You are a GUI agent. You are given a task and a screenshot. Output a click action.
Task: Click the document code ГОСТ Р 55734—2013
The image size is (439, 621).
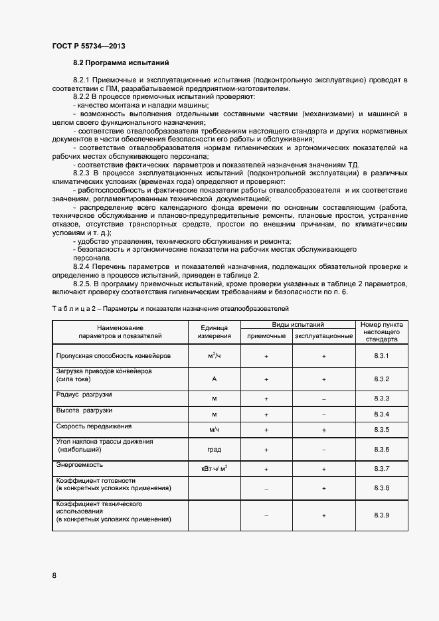(88, 46)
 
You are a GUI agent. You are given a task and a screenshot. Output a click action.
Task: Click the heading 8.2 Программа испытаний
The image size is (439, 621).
(121, 63)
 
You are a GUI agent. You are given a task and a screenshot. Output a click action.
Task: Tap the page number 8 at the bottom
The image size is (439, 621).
(54, 575)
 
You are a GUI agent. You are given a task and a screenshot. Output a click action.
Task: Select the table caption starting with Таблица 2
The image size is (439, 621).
(170, 309)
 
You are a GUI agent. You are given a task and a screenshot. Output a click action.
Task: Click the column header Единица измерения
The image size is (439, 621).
(214, 331)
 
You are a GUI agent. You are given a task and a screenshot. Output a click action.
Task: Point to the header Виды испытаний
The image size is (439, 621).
(298, 325)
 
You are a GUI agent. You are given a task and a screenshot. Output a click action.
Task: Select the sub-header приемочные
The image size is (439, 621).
(266, 336)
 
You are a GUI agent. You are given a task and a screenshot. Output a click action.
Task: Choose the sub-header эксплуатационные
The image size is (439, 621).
(323, 336)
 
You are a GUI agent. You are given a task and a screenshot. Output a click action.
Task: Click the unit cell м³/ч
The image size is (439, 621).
(214, 357)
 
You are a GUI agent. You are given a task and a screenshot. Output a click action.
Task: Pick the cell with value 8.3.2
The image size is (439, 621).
(381, 379)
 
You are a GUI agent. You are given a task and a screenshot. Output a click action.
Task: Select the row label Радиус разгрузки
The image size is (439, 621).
(84, 395)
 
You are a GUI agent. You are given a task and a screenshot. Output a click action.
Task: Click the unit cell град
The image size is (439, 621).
(214, 450)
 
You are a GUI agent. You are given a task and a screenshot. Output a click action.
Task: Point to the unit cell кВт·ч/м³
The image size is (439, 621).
(214, 470)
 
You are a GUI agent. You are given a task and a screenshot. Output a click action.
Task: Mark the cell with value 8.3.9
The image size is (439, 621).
(381, 515)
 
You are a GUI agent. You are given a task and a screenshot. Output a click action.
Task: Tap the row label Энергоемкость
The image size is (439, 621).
(79, 465)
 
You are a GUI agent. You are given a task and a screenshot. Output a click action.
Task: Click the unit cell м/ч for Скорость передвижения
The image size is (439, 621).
(214, 430)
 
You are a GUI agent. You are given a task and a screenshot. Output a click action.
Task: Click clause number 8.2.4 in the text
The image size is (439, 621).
(84, 266)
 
